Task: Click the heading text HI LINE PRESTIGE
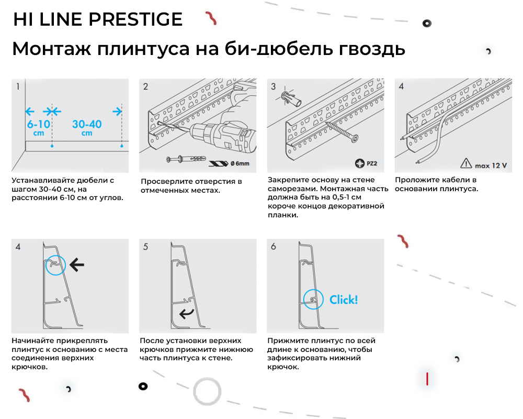pos(97,19)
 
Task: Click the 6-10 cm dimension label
pos(39,128)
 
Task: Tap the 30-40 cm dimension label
pos(87,128)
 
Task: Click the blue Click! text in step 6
pos(344,300)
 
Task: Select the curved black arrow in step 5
pos(186,313)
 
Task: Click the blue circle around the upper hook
pos(55,266)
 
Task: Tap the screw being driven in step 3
pos(343,131)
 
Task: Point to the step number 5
pos(145,246)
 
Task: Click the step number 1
pos(18,86)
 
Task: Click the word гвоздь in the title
pos(372,49)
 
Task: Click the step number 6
pos(273,246)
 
